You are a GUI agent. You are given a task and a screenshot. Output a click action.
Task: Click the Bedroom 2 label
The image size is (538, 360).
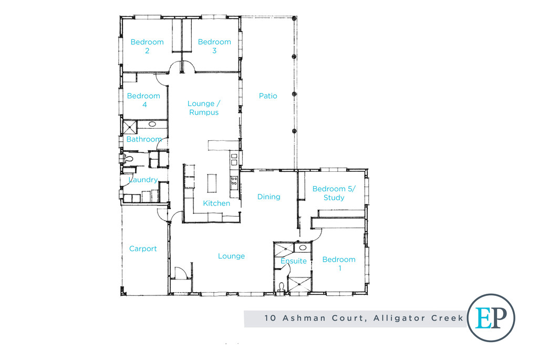tap(147, 46)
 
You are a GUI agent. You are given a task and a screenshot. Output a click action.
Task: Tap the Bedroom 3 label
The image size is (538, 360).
tap(214, 46)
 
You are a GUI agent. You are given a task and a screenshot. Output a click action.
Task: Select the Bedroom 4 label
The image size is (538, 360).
tap(143, 100)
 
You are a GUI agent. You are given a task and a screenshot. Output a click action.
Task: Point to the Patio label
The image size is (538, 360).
tap(268, 96)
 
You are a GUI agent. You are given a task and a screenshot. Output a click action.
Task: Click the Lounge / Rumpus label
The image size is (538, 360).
tap(203, 108)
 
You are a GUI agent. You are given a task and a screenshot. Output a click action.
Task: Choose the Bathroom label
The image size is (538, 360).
tap(144, 139)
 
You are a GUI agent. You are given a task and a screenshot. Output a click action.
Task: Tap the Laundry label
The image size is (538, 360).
tap(143, 180)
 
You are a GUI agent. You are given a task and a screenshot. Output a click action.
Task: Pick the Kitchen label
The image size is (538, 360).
tap(216, 203)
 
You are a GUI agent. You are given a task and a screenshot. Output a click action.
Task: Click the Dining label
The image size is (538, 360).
tap(268, 197)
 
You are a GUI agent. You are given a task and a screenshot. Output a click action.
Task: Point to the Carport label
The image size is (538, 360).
tap(143, 249)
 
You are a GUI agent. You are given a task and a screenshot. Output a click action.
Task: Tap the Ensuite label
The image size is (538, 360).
tap(293, 261)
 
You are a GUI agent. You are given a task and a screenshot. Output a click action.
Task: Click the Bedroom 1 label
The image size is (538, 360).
tap(339, 263)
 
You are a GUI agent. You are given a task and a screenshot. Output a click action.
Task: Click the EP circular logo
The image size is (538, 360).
tap(491, 318)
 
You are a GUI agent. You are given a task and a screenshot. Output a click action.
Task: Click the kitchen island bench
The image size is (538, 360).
tap(212, 184)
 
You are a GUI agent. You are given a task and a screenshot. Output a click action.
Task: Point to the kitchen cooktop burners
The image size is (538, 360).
tap(234, 182)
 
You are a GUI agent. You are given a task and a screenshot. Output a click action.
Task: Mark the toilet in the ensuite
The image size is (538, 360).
tap(282, 286)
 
